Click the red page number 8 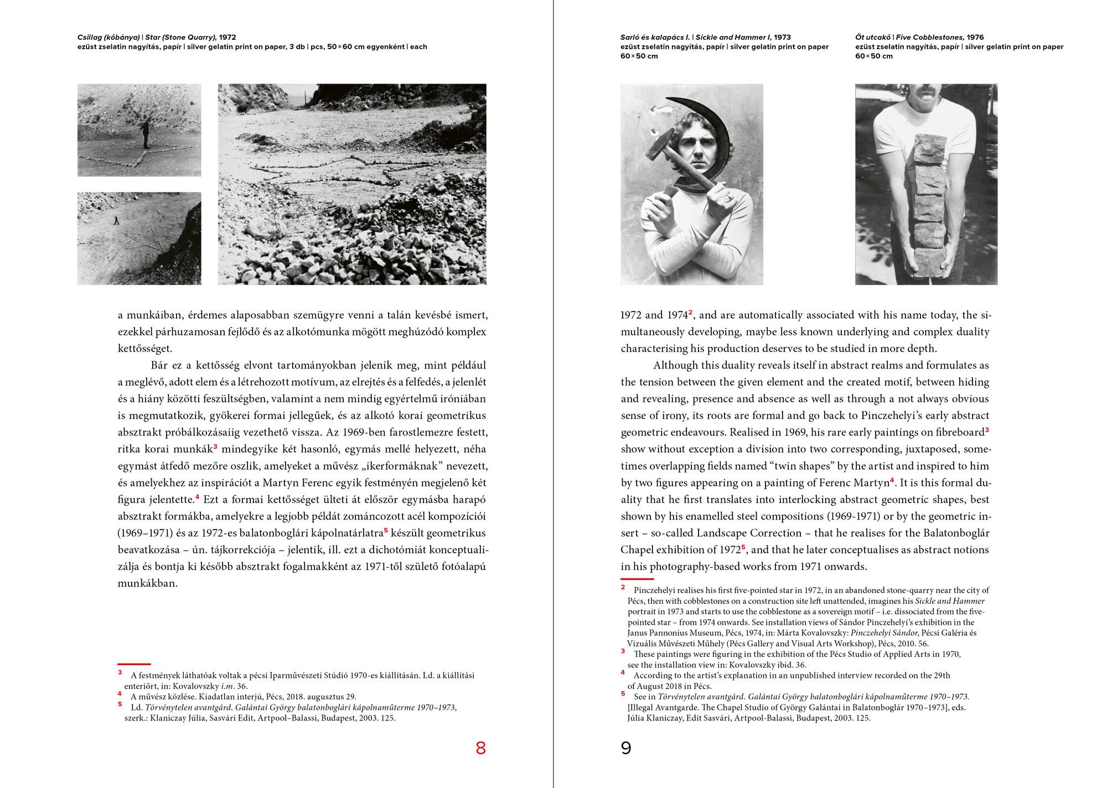point(480,748)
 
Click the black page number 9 point(626,748)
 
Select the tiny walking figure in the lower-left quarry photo point(116,220)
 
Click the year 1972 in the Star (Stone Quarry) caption point(227,38)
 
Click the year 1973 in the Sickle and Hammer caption point(783,38)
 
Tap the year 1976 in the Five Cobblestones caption point(976,38)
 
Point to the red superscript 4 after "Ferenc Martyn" point(892,480)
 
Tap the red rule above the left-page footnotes point(134,664)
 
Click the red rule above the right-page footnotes point(637,579)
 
